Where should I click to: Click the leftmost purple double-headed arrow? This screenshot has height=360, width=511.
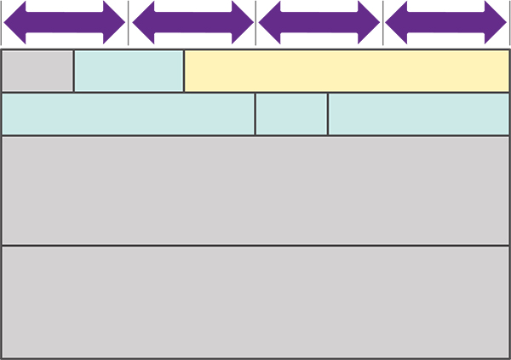(64, 22)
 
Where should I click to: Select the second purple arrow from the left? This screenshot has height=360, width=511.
(192, 22)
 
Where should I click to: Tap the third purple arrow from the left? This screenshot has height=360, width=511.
(319, 22)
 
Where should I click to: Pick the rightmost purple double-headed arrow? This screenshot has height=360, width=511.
(446, 22)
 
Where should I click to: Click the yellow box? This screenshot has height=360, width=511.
(347, 71)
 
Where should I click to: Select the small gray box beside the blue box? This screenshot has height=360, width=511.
(37, 71)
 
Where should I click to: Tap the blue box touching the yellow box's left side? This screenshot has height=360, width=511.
(129, 71)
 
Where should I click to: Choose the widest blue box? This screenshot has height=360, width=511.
(128, 114)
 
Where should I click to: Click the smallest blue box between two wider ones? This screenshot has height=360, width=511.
(291, 114)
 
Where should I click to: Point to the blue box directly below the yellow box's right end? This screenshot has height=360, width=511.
(419, 114)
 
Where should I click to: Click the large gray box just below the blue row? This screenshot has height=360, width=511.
(255, 190)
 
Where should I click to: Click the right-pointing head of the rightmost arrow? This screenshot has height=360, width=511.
(495, 22)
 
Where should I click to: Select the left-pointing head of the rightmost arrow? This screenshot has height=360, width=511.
(398, 22)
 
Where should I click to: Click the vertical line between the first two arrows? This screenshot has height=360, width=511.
(129, 22)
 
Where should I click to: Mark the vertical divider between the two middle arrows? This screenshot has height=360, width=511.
(255, 22)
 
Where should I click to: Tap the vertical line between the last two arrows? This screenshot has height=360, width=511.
(383, 22)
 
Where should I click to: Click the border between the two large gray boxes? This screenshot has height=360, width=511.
(255, 246)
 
